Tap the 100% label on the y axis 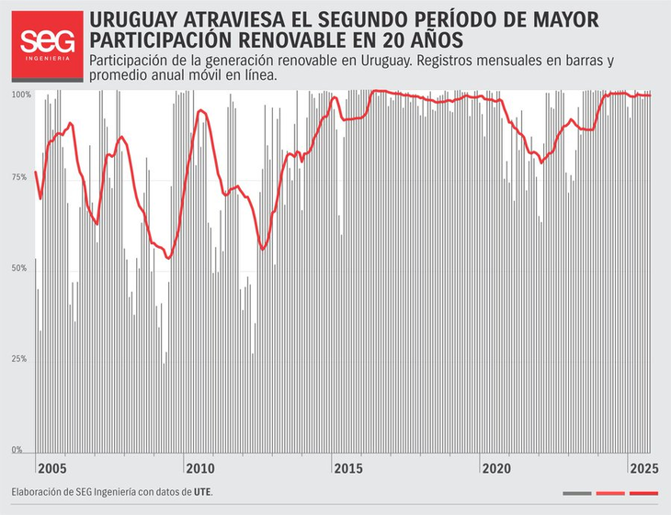tap(21, 95)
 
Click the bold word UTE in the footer tap(202, 492)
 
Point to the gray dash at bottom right tap(576, 494)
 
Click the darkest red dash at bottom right tap(644, 494)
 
